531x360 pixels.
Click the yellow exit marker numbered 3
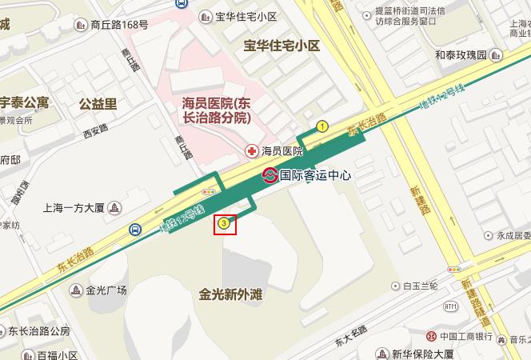(x=226, y=224)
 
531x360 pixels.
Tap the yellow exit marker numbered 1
(x=322, y=126)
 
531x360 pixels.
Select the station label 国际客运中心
(x=317, y=175)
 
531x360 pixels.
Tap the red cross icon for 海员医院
(x=251, y=150)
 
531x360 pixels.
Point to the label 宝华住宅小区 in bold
(x=281, y=46)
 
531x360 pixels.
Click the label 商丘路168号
(x=119, y=25)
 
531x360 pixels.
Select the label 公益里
(x=98, y=103)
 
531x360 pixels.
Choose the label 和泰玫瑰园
(x=461, y=55)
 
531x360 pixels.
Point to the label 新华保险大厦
(x=423, y=354)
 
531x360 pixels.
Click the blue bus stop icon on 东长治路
(x=135, y=230)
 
